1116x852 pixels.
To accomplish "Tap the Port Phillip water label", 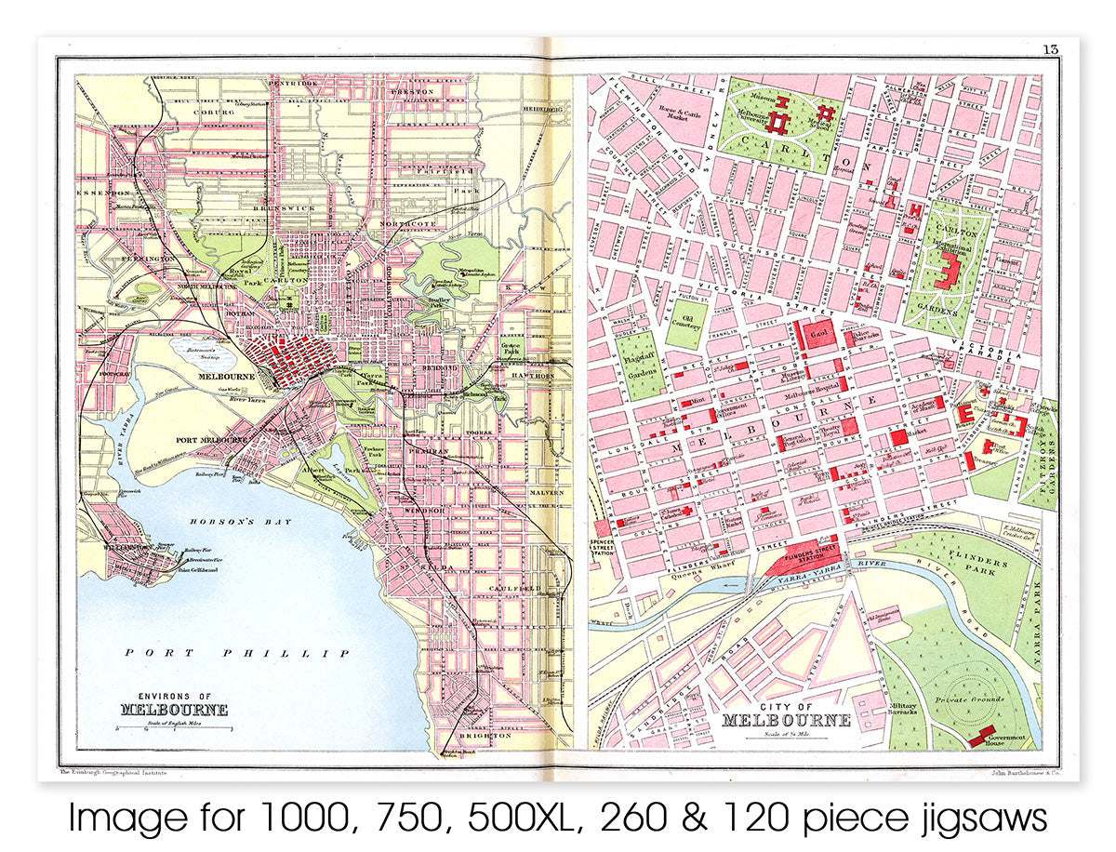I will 238,654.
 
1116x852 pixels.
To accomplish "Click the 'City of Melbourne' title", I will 786,715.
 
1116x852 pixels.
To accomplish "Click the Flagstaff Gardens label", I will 639,366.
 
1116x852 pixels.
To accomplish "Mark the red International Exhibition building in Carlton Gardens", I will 949,270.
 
